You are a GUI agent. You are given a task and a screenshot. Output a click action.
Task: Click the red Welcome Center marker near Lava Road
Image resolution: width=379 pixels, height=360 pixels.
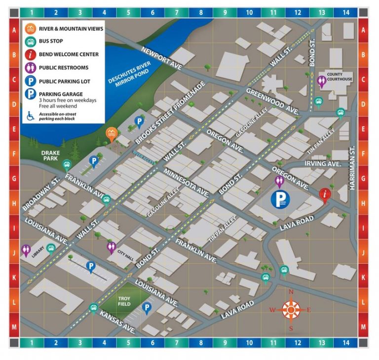tap(324, 195)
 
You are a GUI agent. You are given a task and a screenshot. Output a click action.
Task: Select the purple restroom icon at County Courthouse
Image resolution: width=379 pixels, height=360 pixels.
tap(323, 82)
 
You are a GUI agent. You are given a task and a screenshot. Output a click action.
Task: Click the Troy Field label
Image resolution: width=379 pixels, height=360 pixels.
tap(123, 301)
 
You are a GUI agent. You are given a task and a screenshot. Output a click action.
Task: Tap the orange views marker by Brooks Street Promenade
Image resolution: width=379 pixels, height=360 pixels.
tap(113, 133)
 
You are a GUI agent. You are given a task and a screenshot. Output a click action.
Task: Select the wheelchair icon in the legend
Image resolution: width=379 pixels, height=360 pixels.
tap(30, 117)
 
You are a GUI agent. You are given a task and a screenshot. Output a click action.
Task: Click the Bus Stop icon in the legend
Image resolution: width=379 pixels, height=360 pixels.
tap(31, 41)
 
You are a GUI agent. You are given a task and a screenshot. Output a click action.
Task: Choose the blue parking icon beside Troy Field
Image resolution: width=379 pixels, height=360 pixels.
tap(147, 308)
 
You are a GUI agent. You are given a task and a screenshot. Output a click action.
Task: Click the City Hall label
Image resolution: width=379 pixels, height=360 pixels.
tap(126, 251)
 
